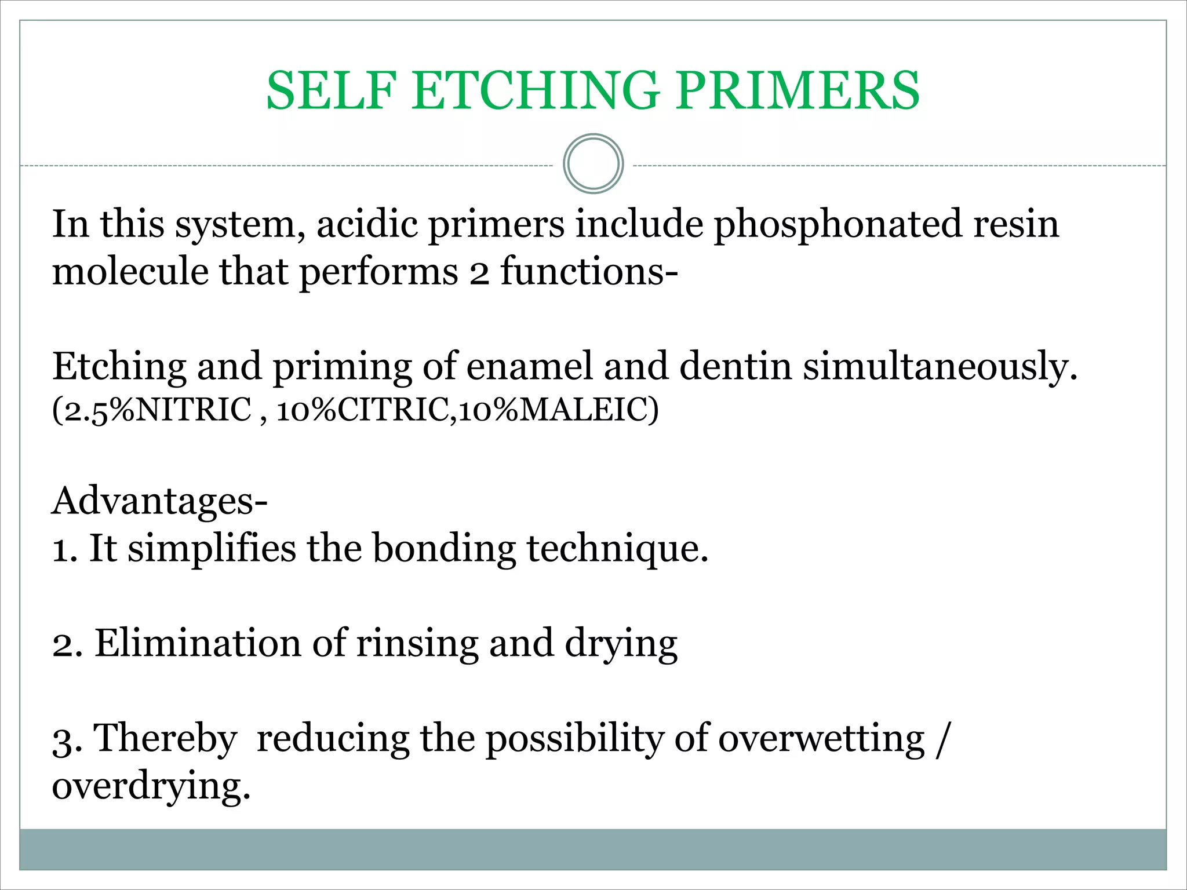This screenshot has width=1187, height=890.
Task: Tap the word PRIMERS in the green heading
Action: (x=798, y=90)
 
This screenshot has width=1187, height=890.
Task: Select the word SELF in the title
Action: (x=332, y=90)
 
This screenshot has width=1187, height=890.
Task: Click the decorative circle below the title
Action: (x=593, y=164)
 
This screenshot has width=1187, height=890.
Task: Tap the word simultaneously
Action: (x=940, y=367)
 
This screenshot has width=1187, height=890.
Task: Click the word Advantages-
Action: (x=160, y=501)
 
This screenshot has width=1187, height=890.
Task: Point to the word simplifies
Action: (x=212, y=548)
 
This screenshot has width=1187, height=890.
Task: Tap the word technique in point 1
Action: (x=617, y=548)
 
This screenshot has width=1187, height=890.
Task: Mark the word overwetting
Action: (x=821, y=739)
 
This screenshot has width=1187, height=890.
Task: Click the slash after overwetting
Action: (x=942, y=739)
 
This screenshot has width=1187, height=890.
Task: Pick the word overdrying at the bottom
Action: (x=151, y=786)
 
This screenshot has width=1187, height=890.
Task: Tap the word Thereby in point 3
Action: (x=165, y=739)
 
